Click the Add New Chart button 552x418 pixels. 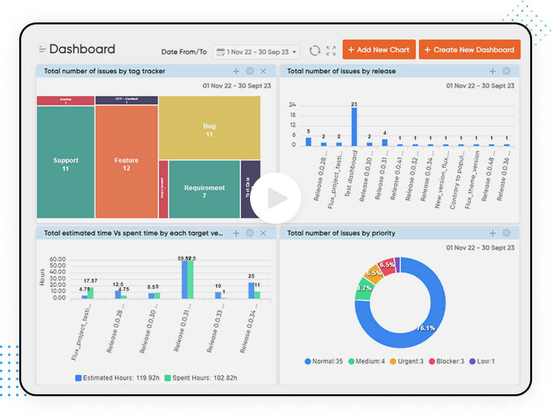tap(379, 50)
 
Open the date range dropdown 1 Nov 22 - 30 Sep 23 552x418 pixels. tap(256, 52)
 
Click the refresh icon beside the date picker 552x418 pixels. tap(315, 51)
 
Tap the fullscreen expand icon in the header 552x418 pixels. tap(331, 51)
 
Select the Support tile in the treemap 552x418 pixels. tap(65, 163)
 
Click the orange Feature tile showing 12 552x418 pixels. tap(126, 163)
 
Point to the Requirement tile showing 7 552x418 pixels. tap(204, 190)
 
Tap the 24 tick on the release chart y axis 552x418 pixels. tap(292, 105)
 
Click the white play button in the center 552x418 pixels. tap(276, 198)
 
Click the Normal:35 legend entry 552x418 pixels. tap(326, 362)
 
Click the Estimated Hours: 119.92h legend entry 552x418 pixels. tap(113, 378)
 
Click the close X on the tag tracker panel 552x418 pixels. tap(263, 71)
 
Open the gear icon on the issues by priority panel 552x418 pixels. tap(506, 233)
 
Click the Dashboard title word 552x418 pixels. tap(82, 49)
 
